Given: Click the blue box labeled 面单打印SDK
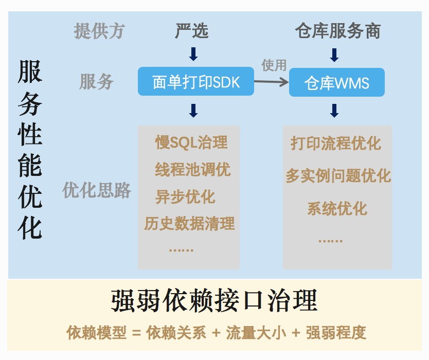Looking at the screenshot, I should point(196,82).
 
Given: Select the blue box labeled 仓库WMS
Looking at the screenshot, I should point(337,82).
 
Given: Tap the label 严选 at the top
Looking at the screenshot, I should point(192,31).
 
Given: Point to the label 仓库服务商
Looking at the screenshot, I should point(337,31).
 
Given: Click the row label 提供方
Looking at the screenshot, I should point(99,31).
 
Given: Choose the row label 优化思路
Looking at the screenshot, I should point(97,190).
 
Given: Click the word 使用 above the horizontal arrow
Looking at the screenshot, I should point(274,65).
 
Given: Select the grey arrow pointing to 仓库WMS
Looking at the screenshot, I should point(271,81).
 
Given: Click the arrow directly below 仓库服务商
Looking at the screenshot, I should point(334,55).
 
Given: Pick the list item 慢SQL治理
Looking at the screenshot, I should point(191,142).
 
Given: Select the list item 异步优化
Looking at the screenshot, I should point(185,197).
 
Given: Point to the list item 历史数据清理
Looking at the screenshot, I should point(189,223).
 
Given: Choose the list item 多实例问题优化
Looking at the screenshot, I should point(338,176).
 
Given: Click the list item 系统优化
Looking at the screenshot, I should point(337,208).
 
